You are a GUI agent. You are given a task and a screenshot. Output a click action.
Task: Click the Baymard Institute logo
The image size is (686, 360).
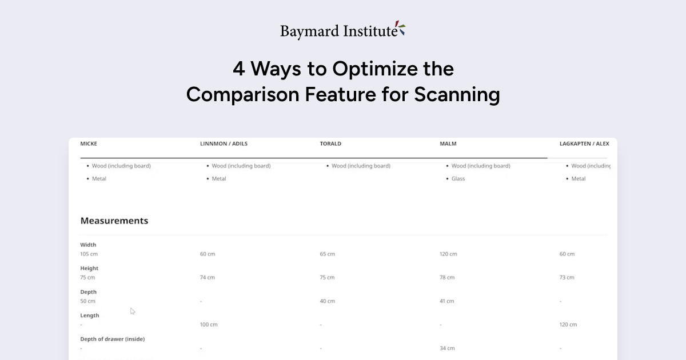pos(343,31)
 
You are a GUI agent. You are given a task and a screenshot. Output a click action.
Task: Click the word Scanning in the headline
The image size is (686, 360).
pos(457,95)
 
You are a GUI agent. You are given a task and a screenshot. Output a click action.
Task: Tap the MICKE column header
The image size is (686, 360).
pos(89,143)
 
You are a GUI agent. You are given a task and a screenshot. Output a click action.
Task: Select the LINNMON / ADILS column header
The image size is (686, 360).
pos(224,143)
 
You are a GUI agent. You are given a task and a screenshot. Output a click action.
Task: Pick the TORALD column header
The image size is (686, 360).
pos(330,143)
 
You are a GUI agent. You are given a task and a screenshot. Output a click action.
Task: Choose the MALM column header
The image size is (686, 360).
pos(448,143)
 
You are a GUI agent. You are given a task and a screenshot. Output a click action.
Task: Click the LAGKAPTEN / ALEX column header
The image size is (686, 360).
pos(584,143)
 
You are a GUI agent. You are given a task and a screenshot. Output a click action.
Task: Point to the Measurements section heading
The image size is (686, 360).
pos(114,221)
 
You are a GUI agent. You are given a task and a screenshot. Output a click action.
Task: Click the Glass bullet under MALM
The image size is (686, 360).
pos(458,178)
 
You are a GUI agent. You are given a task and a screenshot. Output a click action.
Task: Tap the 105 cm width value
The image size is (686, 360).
pos(89,254)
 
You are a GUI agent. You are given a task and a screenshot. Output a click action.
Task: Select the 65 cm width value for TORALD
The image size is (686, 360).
pos(328,254)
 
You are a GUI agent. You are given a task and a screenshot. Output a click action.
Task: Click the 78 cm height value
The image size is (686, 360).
pos(447,277)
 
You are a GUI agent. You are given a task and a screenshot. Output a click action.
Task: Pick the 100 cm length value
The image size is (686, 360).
pos(209,325)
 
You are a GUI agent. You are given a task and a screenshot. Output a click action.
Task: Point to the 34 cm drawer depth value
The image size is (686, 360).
pos(447,348)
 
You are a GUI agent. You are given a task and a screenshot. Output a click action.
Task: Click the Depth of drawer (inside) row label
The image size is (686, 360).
pos(113,339)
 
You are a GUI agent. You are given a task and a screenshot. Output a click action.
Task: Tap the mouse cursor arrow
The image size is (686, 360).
pos(132,311)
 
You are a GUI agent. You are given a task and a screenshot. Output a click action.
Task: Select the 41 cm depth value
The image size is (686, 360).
pos(447,301)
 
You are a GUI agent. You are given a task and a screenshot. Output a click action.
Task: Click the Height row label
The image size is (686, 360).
pos(89,268)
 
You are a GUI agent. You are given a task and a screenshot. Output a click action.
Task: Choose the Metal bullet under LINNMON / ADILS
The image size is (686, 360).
pos(219,178)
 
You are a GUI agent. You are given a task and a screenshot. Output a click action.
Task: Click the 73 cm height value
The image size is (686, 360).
pos(567,277)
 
